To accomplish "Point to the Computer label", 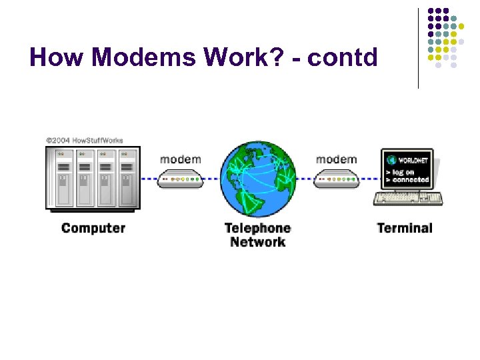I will (x=93, y=228).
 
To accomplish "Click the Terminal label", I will (x=404, y=228).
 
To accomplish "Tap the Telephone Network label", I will (x=257, y=235).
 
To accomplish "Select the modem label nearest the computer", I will (x=180, y=159).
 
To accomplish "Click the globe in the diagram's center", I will (x=258, y=179).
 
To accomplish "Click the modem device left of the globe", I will (x=180, y=179).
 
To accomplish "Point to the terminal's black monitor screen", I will (x=407, y=169).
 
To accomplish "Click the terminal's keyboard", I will (x=408, y=198).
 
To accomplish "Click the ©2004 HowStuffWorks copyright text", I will (x=84, y=141).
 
